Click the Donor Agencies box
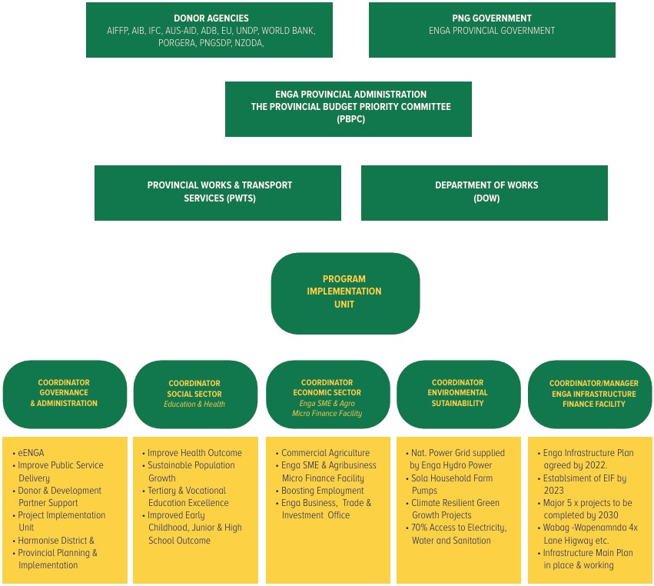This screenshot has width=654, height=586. tap(209, 30)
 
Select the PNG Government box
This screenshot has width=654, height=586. tap(492, 30)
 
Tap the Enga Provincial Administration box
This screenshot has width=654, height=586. tap(348, 109)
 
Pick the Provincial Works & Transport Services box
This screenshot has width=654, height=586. tap(217, 192)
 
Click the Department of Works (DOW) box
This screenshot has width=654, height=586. tap(484, 192)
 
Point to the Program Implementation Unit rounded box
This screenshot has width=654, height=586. tap(345, 293)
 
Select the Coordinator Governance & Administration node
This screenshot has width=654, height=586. tap(65, 394)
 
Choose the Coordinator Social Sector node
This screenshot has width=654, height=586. tap(195, 394)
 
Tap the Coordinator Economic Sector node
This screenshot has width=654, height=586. tap(327, 394)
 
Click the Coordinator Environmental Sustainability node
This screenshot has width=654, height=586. tap(458, 394)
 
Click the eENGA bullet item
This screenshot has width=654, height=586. tap(32, 453)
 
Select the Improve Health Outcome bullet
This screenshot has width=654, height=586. tap(194, 453)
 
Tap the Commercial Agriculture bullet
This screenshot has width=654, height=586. tap(325, 453)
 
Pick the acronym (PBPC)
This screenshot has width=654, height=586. tap(350, 119)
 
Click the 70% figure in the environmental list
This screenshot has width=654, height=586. tap(421, 528)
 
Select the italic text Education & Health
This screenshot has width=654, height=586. tap(194, 404)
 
